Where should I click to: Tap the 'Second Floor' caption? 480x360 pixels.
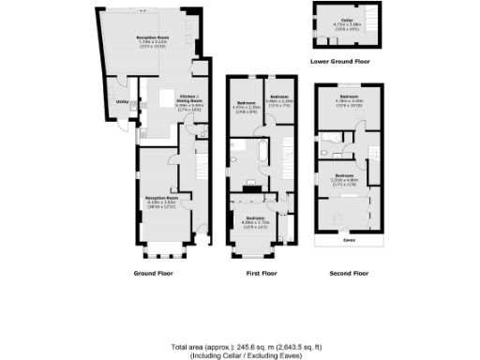click(348, 273)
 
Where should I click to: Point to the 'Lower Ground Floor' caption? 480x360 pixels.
click(339, 62)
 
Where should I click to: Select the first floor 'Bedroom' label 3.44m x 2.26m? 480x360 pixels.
click(279, 97)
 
